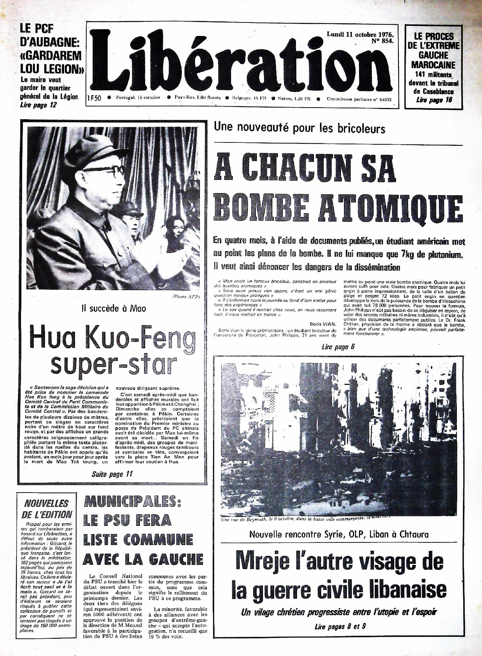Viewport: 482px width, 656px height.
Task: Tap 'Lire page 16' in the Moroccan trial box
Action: (434, 99)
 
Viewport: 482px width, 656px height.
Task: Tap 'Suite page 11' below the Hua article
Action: (112, 474)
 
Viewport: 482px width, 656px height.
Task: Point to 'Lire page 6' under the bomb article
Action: (338, 347)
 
